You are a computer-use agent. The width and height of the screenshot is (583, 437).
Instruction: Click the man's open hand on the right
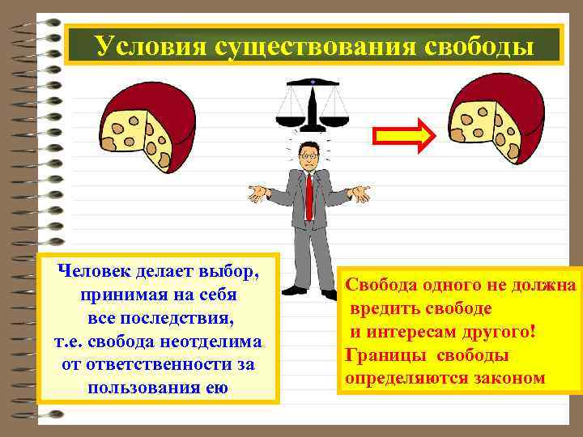click(x=358, y=193)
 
